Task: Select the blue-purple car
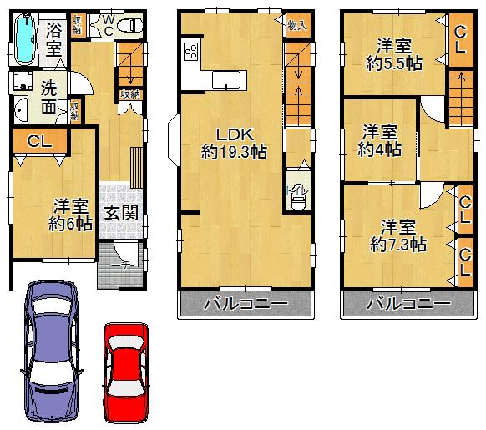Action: click(x=52, y=351)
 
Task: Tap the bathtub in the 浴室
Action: click(x=26, y=39)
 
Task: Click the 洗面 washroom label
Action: click(x=49, y=96)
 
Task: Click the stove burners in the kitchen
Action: click(x=190, y=55)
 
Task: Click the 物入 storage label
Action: click(x=296, y=26)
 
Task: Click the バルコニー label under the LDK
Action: click(x=246, y=304)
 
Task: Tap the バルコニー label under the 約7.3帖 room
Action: click(x=402, y=304)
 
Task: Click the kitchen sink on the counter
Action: click(x=226, y=79)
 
